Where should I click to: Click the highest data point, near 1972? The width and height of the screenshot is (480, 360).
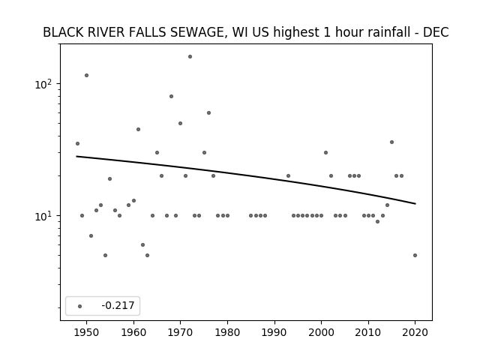click(x=190, y=57)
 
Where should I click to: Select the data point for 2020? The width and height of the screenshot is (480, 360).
click(x=415, y=255)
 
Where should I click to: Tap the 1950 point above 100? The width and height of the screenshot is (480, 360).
click(x=87, y=75)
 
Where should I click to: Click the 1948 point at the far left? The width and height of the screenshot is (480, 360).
click(x=77, y=143)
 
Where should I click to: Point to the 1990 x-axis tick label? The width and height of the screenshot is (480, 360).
click(x=274, y=332)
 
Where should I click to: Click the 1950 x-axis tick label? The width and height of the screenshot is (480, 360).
click(x=87, y=332)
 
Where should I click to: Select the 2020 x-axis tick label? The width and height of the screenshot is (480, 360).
click(x=415, y=332)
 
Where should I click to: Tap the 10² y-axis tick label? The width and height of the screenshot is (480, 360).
click(x=45, y=84)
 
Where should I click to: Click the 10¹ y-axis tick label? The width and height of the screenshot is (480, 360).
click(x=45, y=216)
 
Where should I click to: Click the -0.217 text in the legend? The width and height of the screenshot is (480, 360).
click(x=118, y=305)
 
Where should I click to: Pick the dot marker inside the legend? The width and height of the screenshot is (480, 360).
click(x=80, y=306)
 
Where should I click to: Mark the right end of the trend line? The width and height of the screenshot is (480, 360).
click(x=415, y=203)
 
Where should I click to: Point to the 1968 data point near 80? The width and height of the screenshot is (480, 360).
click(x=172, y=97)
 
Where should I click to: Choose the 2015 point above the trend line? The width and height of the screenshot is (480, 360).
click(x=391, y=142)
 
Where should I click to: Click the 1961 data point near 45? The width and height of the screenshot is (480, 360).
click(x=138, y=130)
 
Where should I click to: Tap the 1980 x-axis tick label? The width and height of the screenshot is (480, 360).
click(x=227, y=332)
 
